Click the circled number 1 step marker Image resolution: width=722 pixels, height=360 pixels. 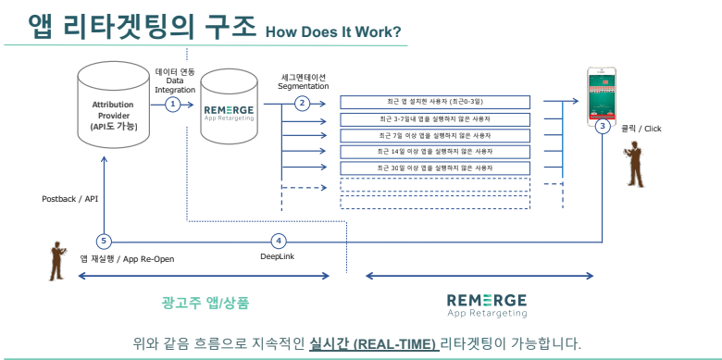172,105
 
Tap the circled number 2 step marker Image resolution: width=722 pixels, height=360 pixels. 302,104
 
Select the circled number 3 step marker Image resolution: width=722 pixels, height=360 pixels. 603,125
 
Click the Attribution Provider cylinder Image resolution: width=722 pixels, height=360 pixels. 114,103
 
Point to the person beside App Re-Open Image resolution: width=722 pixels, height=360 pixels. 56,261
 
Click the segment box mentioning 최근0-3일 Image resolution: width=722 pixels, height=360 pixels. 434,102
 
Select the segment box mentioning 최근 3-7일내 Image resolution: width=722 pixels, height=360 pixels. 434,118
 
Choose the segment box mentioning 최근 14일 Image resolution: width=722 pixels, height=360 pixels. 434,151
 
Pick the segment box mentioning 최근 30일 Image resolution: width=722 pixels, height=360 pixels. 434,168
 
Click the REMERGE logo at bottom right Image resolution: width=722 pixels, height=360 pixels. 487,303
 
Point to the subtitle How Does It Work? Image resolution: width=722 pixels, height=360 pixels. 333,32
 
